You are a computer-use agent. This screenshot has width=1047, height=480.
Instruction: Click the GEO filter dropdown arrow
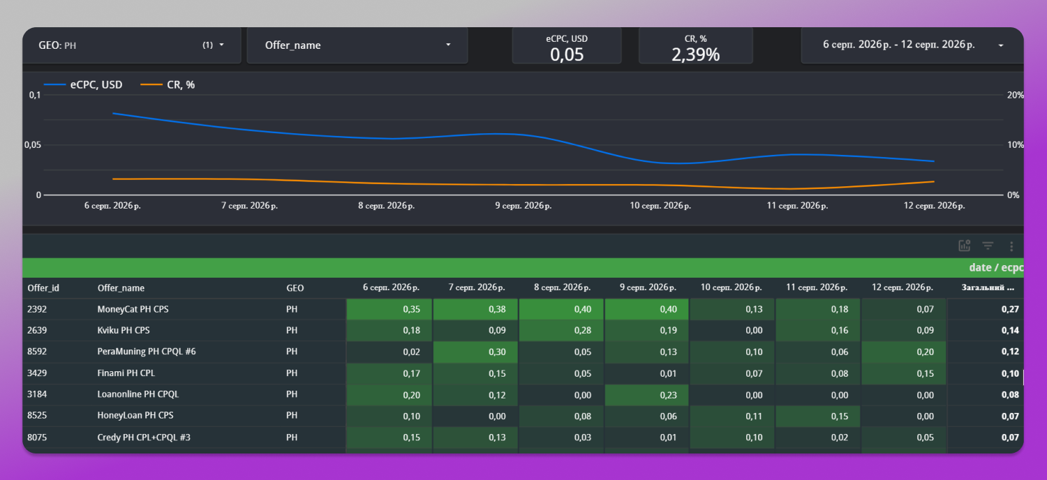221,45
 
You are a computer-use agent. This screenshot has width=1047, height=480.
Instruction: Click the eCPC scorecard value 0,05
567,54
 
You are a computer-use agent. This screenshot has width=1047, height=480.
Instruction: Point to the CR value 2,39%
695,54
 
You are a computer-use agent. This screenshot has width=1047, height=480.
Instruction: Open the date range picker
912,45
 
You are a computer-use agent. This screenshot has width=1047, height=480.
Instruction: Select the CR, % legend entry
168,84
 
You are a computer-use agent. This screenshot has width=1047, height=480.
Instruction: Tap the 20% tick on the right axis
1015,95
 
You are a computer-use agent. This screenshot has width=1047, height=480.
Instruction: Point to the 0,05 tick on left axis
33,145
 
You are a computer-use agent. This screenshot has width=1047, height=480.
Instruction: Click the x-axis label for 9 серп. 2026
523,206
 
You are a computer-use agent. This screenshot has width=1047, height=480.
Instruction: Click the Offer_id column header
43,288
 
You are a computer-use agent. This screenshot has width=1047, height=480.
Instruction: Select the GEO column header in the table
295,288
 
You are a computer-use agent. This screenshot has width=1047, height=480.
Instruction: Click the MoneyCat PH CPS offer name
133,309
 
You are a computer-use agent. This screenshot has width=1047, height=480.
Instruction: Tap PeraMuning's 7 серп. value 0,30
497,352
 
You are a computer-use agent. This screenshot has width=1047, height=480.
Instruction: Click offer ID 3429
37,373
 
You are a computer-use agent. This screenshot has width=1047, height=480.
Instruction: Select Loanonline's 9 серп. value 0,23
668,395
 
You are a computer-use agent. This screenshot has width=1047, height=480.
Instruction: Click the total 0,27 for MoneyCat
1010,309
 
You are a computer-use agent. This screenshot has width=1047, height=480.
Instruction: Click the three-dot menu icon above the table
1011,246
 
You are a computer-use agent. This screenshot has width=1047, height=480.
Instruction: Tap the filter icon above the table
988,246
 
